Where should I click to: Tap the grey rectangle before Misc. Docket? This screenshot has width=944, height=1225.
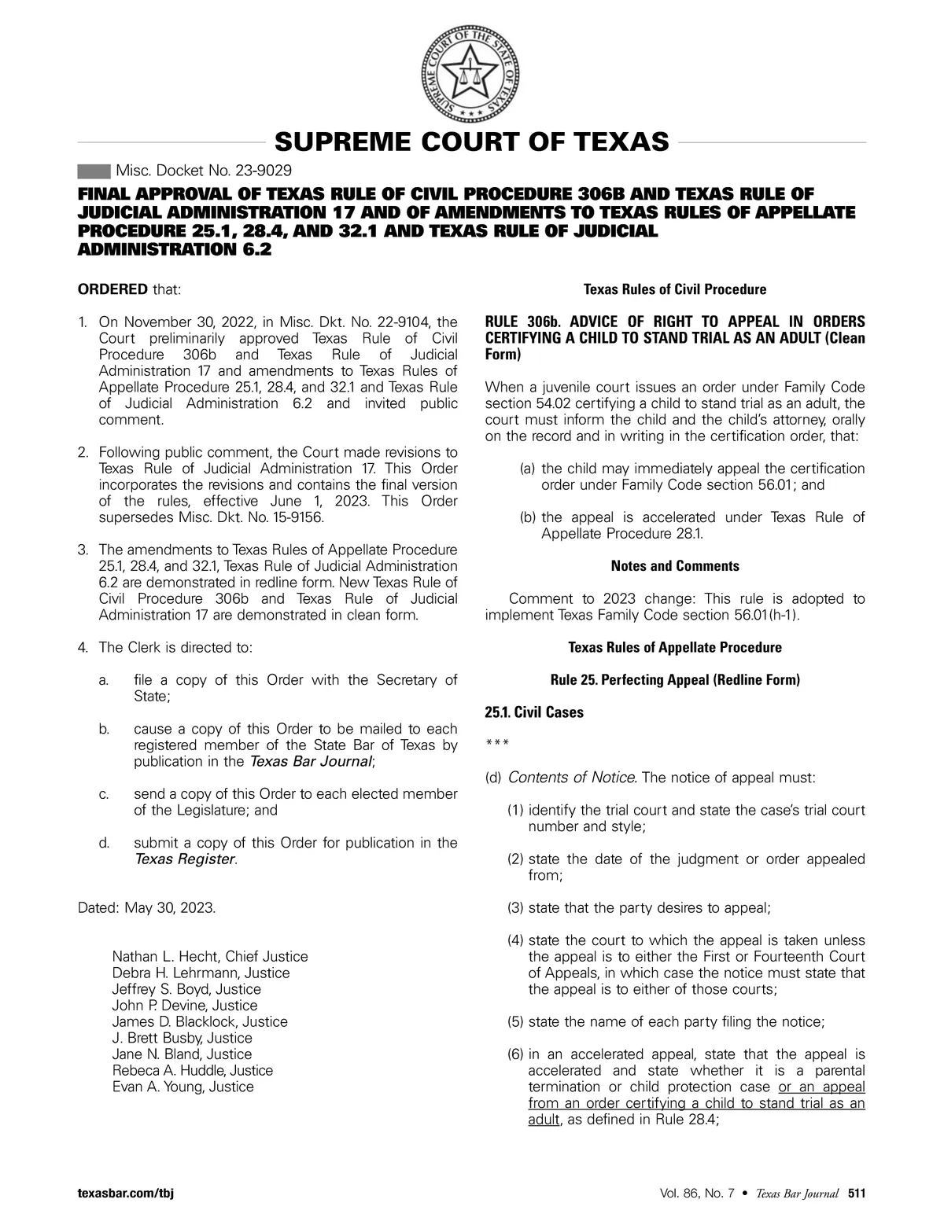point(94,171)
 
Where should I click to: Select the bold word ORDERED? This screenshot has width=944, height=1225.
point(112,289)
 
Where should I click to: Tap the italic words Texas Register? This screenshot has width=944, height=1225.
point(185,859)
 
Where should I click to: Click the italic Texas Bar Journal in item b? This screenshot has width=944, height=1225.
point(310,762)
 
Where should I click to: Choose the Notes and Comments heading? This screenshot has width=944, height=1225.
point(675,566)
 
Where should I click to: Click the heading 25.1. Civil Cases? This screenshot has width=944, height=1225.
point(534,712)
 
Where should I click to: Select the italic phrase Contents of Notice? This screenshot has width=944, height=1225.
point(572,778)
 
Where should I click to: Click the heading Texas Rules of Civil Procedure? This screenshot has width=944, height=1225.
point(675,289)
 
